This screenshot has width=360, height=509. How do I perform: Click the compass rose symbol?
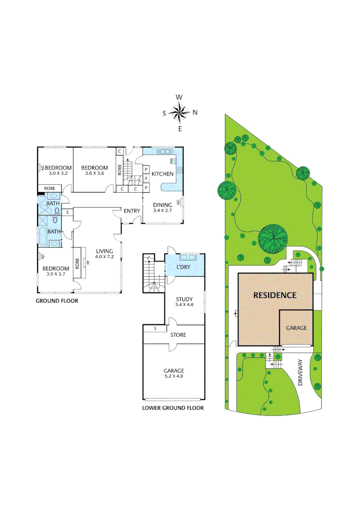click(180, 112)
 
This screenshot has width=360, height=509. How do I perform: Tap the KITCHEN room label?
click(163, 174)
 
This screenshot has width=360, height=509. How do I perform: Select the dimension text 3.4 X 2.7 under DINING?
click(163, 211)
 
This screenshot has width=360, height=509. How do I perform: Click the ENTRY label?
click(132, 211)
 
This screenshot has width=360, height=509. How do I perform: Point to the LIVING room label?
click(105, 251)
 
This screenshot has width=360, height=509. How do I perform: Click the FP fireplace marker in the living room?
click(88, 262)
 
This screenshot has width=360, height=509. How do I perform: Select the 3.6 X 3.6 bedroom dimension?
click(94, 173)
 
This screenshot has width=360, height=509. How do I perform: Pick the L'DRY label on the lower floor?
click(183, 268)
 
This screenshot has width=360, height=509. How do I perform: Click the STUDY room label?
click(184, 299)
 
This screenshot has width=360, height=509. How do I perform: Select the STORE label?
click(178, 335)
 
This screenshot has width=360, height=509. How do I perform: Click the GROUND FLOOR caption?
click(57, 300)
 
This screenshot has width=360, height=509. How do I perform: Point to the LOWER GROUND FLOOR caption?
click(173, 408)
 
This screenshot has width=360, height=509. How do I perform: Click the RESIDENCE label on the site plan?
click(275, 296)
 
